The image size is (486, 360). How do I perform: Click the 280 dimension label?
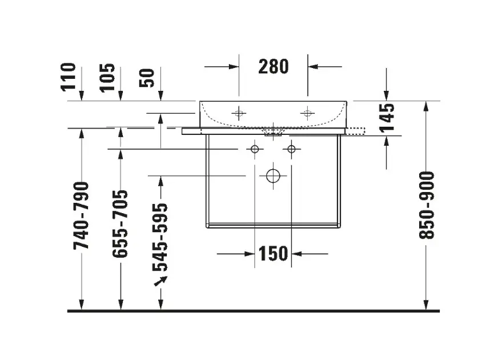tap(273, 66)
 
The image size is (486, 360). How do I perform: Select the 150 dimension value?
tap(273, 254)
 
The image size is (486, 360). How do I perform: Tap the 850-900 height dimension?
tap(427, 205)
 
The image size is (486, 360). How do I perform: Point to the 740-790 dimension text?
tap(81, 215)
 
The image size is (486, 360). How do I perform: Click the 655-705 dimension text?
tap(121, 223)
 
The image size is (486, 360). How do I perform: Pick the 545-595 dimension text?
tap(160, 237)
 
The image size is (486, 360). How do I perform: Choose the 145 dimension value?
tap(387, 118)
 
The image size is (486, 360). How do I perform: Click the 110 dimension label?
tap(68, 77)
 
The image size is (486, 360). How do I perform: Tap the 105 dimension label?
tap(107, 78)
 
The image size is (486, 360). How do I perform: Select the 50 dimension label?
tap(147, 78)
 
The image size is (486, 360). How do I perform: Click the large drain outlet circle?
tap(273, 176)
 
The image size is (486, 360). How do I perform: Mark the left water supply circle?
tap(255, 149)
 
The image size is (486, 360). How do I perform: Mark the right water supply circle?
tap(291, 149)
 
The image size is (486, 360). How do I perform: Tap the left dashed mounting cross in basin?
tap(239, 113)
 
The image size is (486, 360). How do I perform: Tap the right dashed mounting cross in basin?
tap(307, 113)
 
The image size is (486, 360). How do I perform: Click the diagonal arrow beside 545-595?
tap(160, 281)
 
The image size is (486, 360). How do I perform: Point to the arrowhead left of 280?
tap(234, 66)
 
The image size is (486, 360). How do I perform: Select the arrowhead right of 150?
tap(296, 254)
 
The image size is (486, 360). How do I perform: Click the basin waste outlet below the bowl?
tap(273, 133)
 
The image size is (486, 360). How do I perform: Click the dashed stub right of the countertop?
tap(356, 131)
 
